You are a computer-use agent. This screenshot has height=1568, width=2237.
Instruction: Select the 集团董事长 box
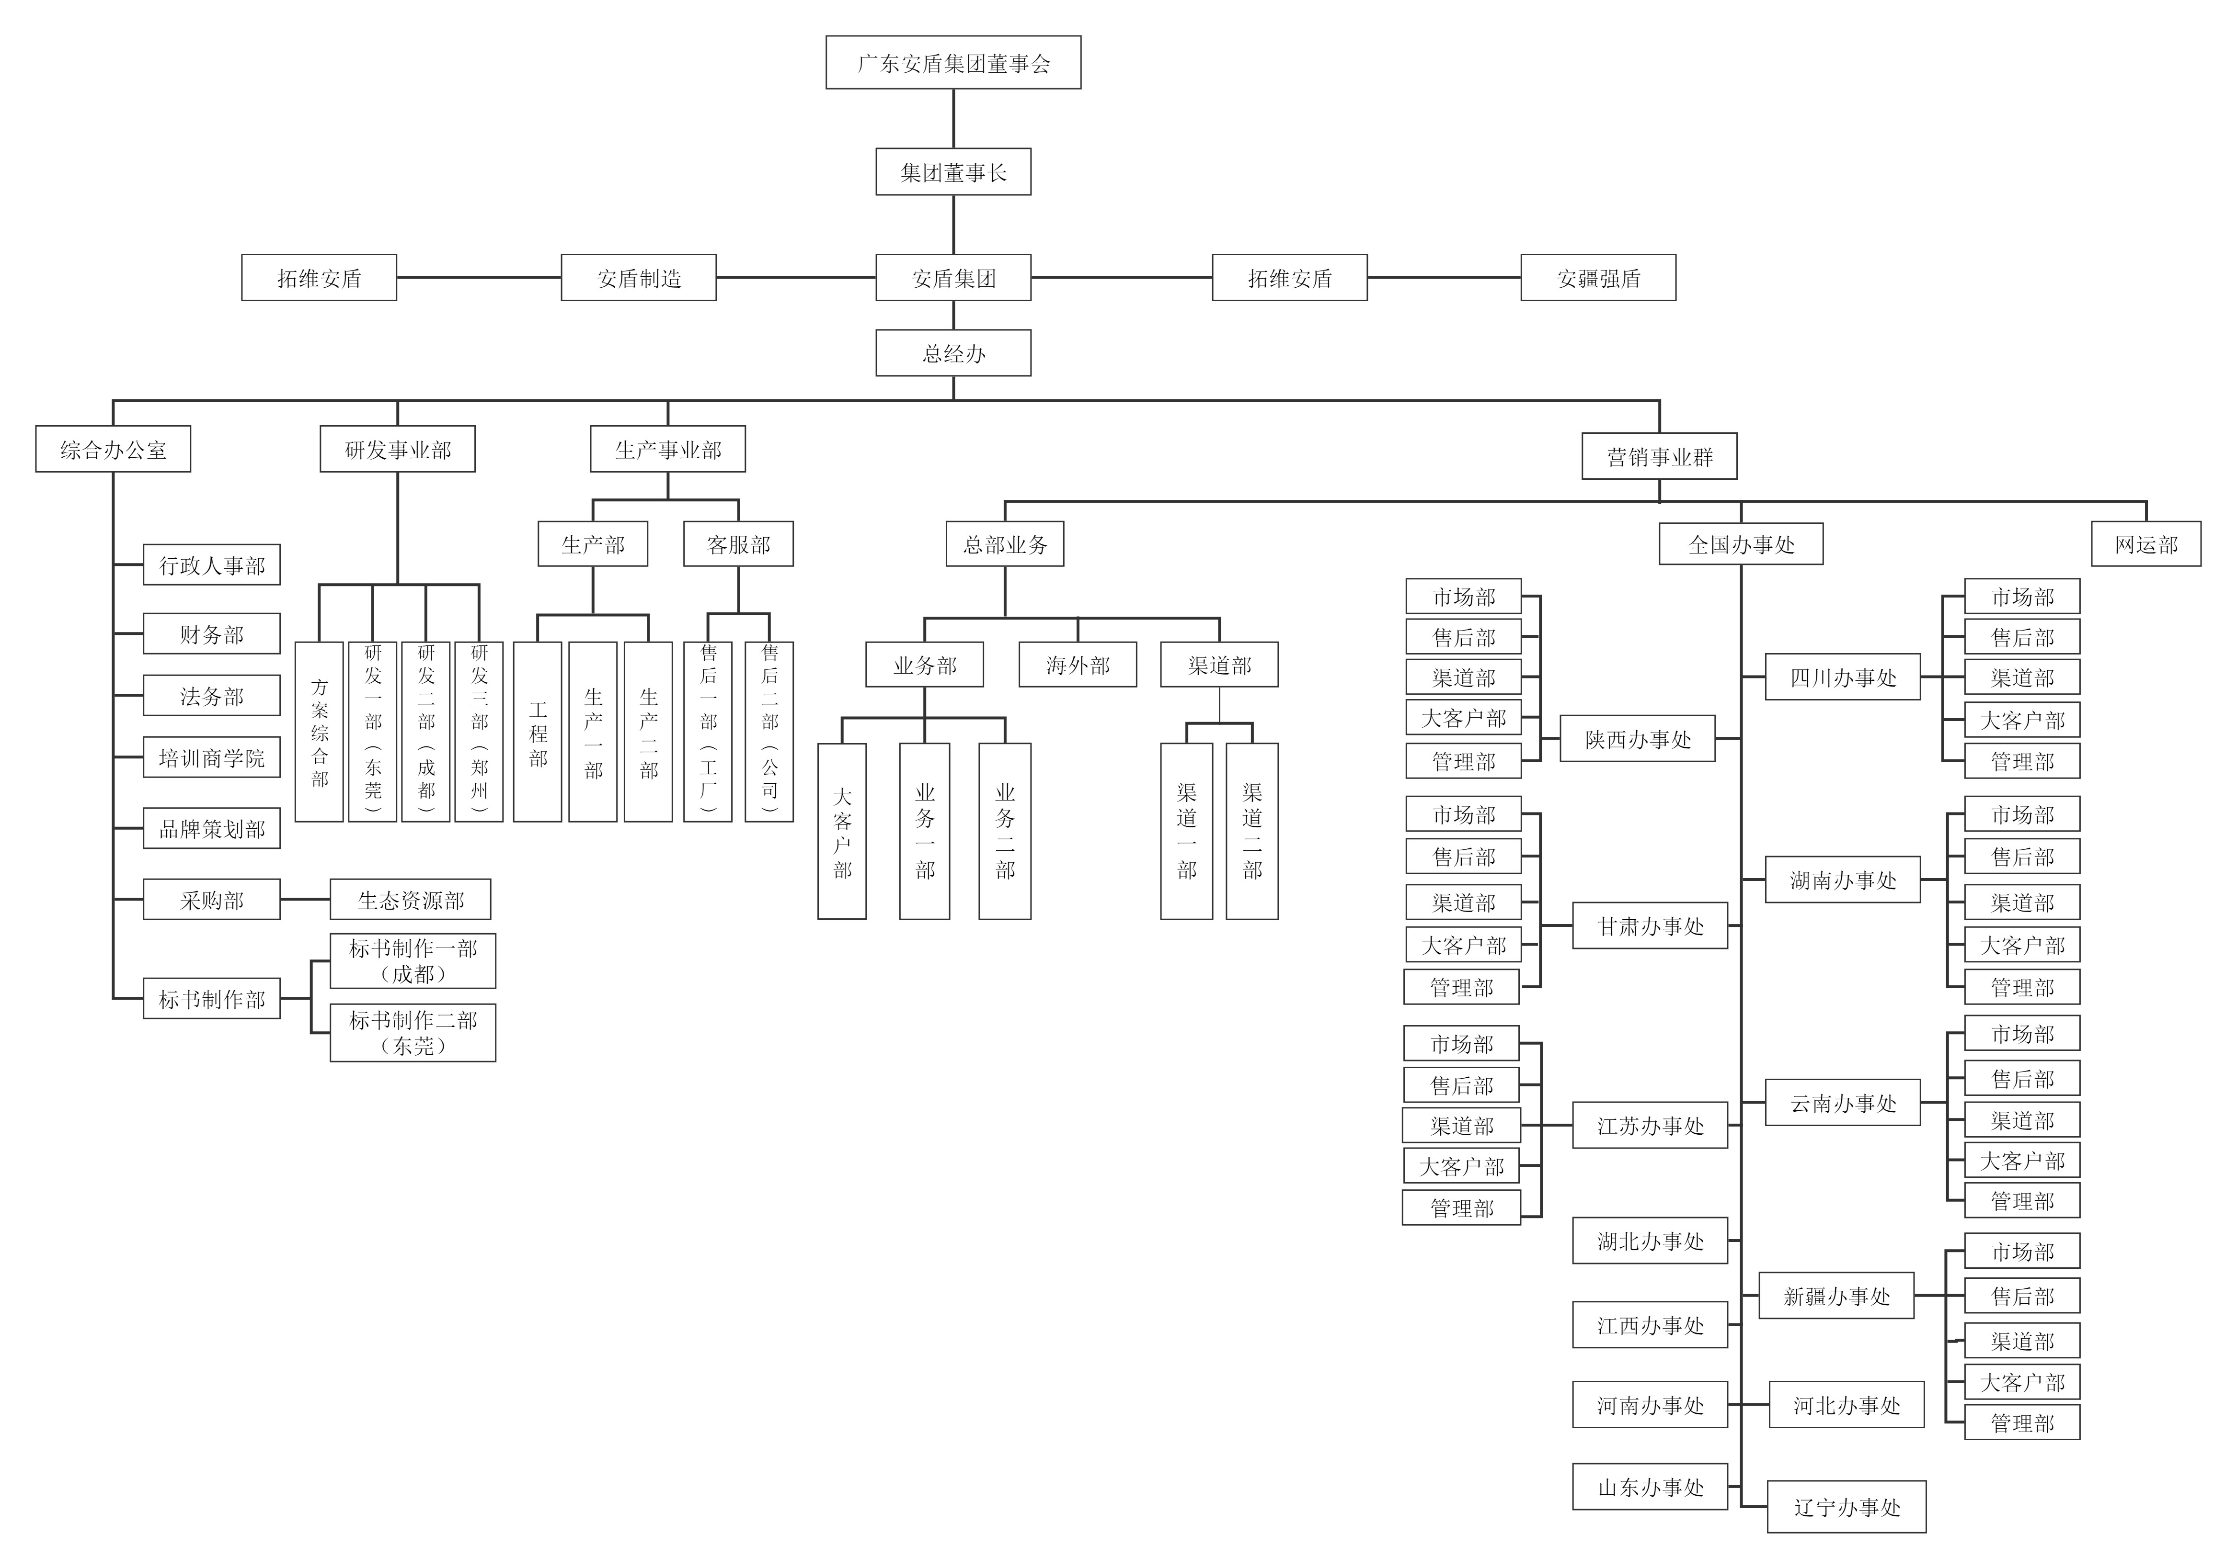(953, 172)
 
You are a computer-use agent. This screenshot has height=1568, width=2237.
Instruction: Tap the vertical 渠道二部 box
(1252, 831)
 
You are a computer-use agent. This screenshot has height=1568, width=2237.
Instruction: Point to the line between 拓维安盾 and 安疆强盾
(1444, 278)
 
